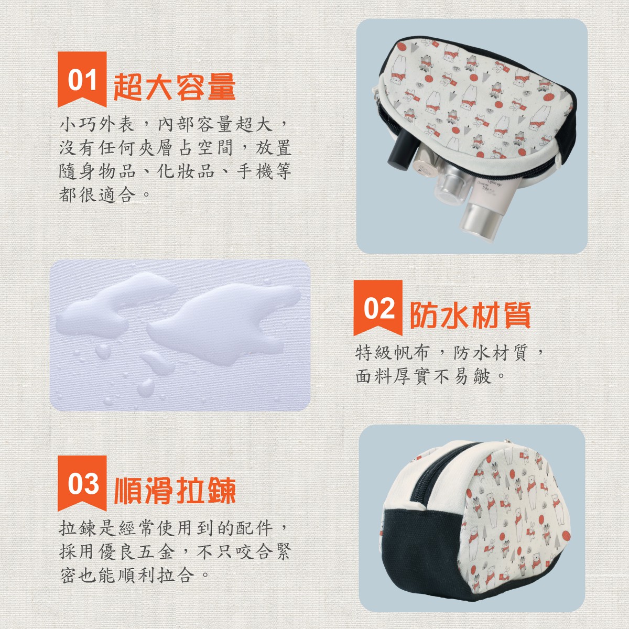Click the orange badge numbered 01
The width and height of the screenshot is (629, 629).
82,79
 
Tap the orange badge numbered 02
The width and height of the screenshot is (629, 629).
378,308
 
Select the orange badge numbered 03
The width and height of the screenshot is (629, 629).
82,483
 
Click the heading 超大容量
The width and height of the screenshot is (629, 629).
175,87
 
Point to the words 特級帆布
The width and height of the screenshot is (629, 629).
392,353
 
